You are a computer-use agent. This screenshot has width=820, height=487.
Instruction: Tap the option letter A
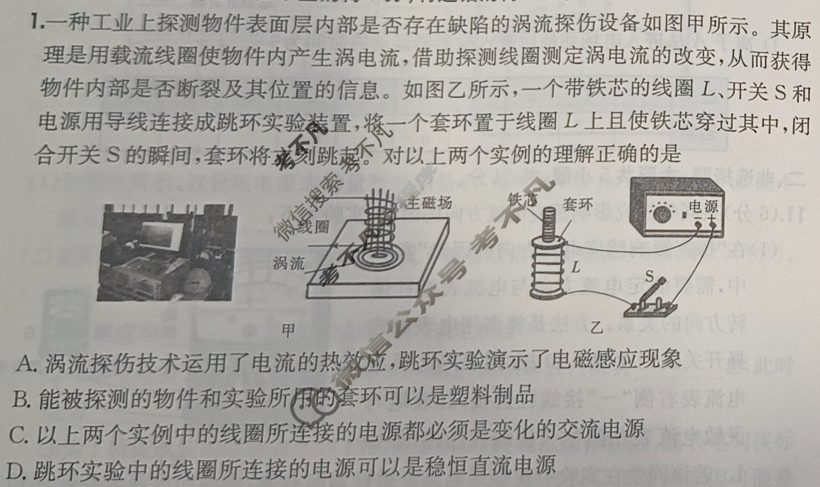coord(25,364)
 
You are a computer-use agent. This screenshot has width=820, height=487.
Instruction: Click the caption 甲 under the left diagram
coord(289,330)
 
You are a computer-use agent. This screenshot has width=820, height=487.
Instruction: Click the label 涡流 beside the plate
coord(289,263)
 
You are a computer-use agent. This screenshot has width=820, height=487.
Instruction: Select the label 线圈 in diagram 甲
coord(313,227)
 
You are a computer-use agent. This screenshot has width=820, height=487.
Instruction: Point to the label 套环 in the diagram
coord(578,204)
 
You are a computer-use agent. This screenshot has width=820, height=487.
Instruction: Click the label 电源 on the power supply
coord(703,206)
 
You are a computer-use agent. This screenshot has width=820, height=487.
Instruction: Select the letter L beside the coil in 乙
coord(576,267)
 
